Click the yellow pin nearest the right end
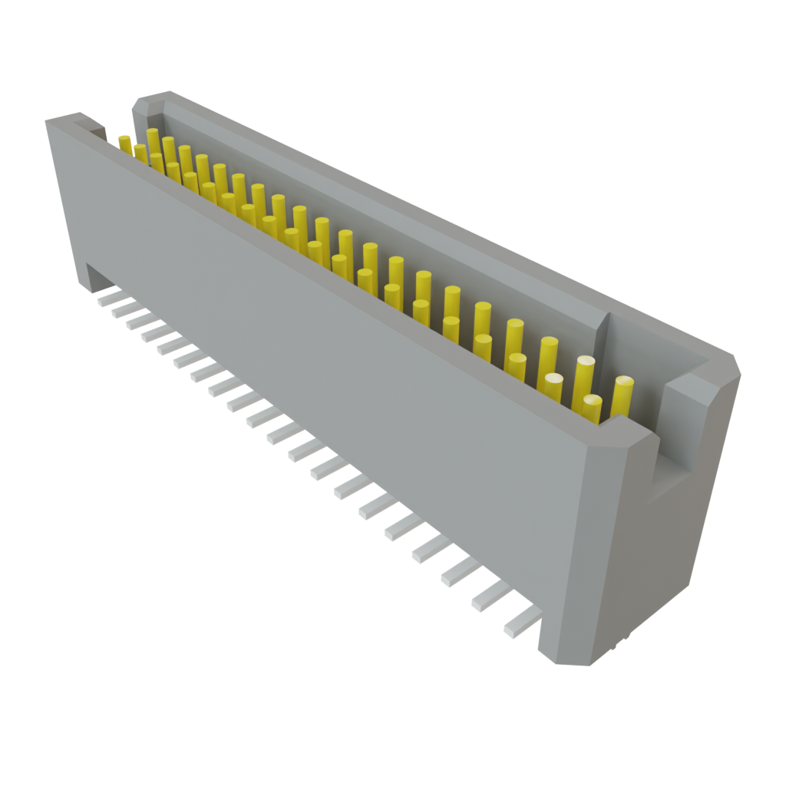(x=622, y=396)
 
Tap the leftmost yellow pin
(x=124, y=142)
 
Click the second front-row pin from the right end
(x=553, y=387)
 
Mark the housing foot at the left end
(x=92, y=277)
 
